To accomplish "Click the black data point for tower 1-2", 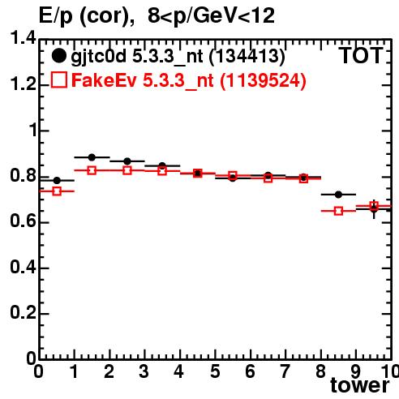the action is (x=92, y=157).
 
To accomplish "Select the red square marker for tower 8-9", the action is (x=338, y=211).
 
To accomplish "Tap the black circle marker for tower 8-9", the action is (x=338, y=195).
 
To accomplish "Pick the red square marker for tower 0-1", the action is (x=57, y=191).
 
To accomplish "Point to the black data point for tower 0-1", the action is (x=57, y=180).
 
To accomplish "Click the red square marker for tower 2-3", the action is (x=127, y=170).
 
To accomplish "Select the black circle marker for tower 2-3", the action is (x=127, y=161).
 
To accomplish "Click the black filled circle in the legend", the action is (x=58, y=56).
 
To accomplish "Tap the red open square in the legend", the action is (x=59, y=80).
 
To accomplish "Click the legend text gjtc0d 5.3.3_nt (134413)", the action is (x=178, y=57).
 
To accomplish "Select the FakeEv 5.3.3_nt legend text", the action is (x=143, y=80).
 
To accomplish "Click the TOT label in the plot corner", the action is (x=361, y=55).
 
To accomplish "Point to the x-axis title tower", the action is (x=360, y=385).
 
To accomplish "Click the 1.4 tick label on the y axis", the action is (x=23, y=37).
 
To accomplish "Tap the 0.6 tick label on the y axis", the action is (x=23, y=221).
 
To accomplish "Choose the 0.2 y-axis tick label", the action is (x=23, y=312).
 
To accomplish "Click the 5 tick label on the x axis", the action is (x=215, y=371).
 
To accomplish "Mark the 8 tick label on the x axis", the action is (x=320, y=371).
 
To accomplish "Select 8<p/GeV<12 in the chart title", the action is (x=211, y=15).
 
